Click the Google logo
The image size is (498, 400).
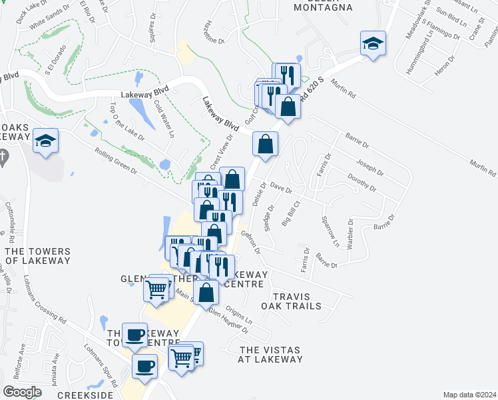pyautogui.click(x=23, y=392)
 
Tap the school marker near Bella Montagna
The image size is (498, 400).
pyautogui.click(x=373, y=44)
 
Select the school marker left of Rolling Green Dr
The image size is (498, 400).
pyautogui.click(x=46, y=141)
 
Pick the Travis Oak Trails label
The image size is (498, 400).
pyautogui.click(x=296, y=301)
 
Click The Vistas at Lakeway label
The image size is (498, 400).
pyautogui.click(x=270, y=355)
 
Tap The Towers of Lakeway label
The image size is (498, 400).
pyautogui.click(x=37, y=256)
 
